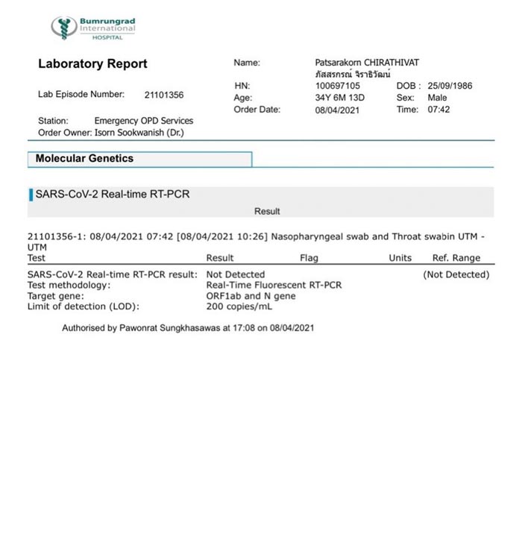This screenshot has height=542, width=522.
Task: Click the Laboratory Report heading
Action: tap(92, 64)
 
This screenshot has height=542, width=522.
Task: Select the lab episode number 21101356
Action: tap(164, 95)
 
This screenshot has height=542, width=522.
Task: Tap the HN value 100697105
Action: tap(337, 86)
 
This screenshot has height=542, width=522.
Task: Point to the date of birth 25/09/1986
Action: tap(450, 86)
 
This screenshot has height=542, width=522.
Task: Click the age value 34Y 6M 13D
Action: tap(340, 98)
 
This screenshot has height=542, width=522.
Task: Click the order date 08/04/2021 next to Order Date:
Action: tap(337, 110)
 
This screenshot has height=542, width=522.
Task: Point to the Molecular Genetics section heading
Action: tap(84, 159)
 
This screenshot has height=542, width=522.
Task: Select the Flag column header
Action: tap(309, 258)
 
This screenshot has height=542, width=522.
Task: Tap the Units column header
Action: tap(400, 258)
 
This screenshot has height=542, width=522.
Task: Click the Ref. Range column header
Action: tap(456, 258)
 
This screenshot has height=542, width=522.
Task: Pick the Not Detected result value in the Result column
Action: tap(235, 274)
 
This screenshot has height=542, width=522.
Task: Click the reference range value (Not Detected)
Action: tap(456, 274)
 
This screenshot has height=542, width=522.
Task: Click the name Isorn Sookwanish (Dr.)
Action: tap(139, 133)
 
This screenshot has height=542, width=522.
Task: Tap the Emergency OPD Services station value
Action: tap(143, 121)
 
